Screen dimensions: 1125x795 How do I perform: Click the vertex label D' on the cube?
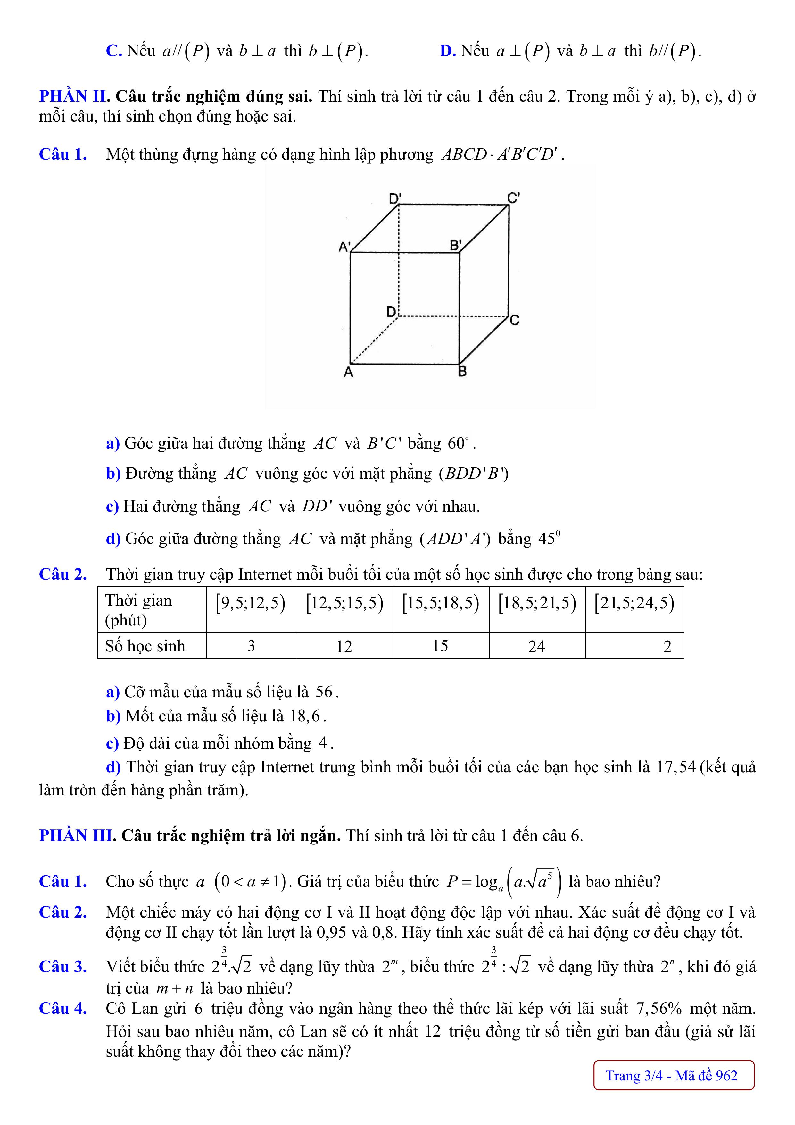[x=395, y=198]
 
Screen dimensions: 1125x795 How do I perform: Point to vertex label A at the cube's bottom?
[x=348, y=373]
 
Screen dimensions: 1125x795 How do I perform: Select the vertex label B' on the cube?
[x=456, y=245]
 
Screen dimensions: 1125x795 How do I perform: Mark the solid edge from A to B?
[x=405, y=364]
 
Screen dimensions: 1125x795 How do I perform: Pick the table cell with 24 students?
[x=536, y=646]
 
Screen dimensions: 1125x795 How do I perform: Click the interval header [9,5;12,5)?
[x=251, y=603]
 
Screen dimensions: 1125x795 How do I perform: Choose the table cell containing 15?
[x=440, y=646]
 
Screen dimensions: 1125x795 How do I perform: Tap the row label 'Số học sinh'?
[x=145, y=646]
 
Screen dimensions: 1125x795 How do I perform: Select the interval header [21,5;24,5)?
[x=634, y=603]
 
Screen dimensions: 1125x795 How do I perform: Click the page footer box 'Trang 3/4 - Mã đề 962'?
[x=674, y=1076]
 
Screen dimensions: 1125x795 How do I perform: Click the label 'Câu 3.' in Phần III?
[x=63, y=967]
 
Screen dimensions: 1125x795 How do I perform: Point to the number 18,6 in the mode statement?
[x=304, y=716]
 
